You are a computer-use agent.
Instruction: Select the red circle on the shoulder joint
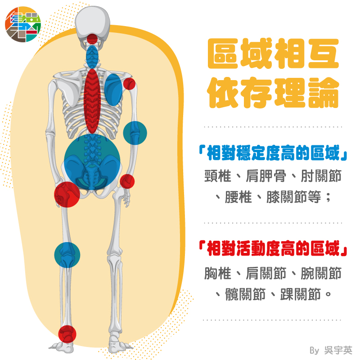tap(129, 83)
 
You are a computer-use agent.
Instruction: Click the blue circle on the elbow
tap(135, 133)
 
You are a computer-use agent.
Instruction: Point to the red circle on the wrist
tap(127, 181)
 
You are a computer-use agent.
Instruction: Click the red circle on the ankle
tap(67, 334)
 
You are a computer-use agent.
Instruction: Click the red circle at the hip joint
tap(67, 194)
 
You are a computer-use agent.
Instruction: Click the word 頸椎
tap(217, 176)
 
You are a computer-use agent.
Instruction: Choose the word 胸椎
tap(217, 273)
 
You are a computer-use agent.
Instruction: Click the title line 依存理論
tap(273, 93)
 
